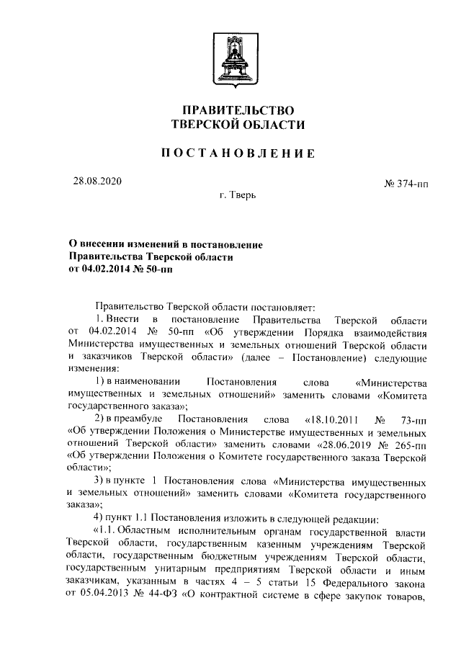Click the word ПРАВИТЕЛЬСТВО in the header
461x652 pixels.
238,111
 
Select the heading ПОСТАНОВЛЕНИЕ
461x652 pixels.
238,153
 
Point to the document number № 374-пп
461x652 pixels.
406,184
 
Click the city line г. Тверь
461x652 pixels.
238,195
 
